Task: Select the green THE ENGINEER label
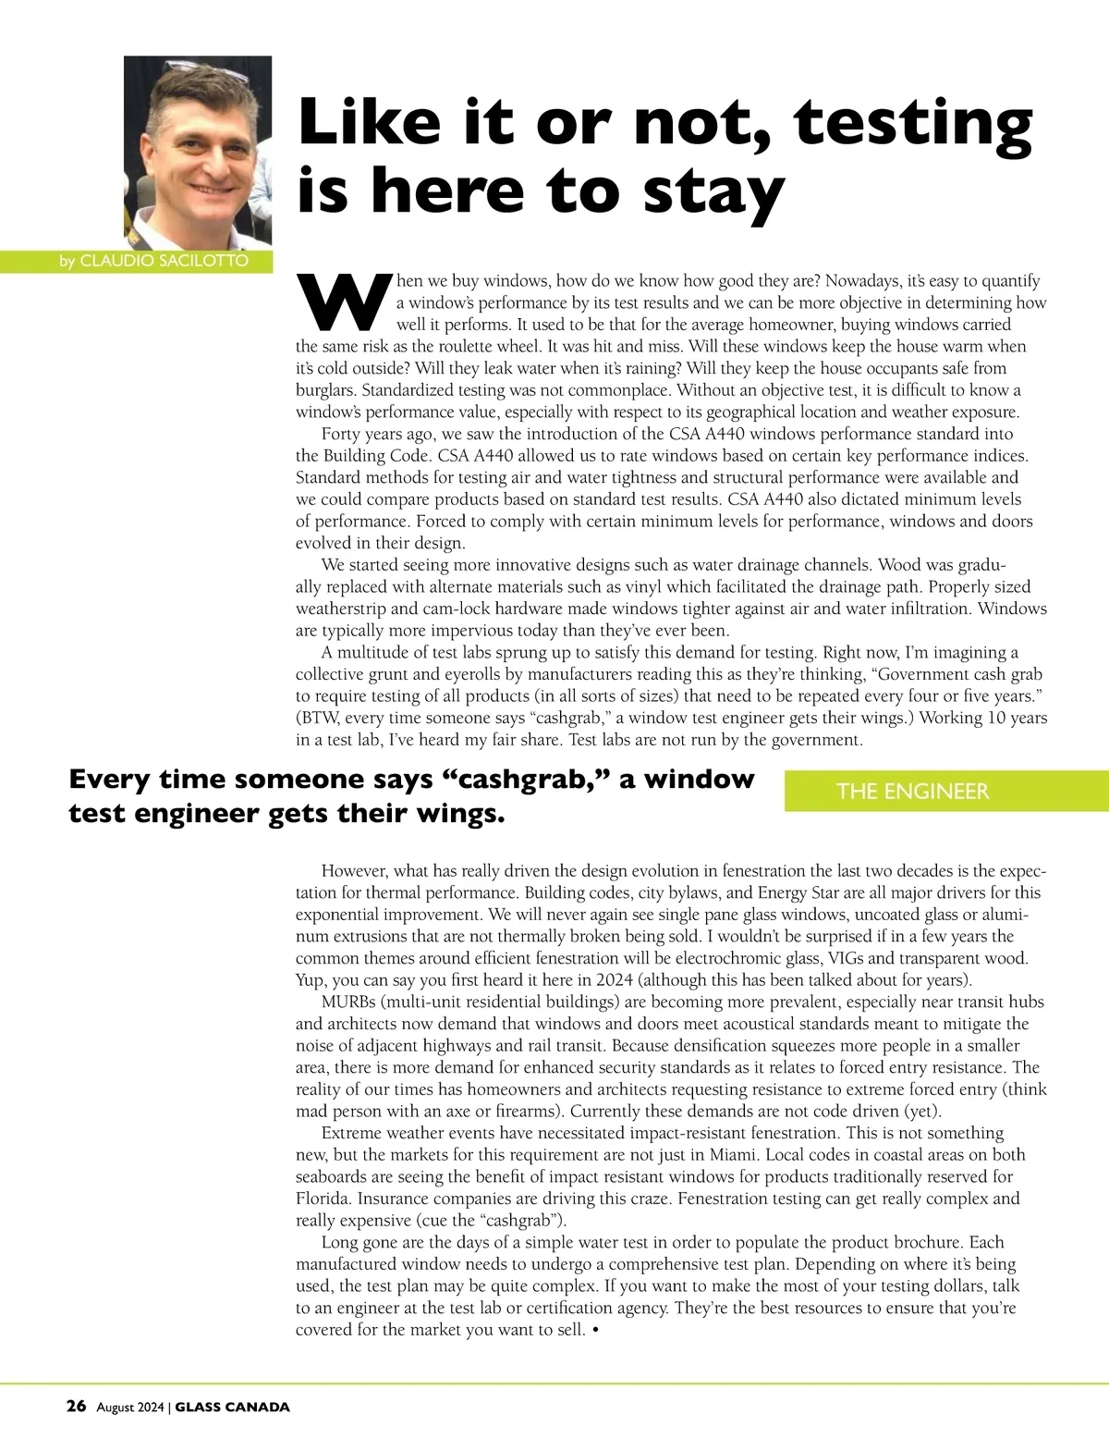tap(912, 792)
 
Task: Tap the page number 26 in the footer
tap(77, 1407)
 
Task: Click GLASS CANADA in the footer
tap(232, 1408)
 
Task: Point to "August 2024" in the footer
tap(130, 1408)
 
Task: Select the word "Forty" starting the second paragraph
tap(343, 434)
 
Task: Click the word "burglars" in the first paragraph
tap(325, 390)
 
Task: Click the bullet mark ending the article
tap(596, 1330)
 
